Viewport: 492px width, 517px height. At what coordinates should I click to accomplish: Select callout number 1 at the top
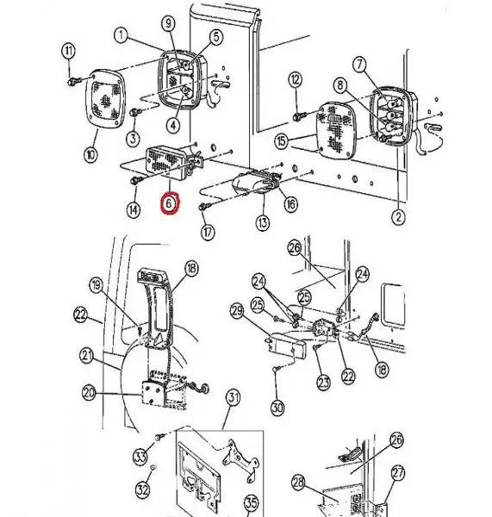tap(119, 36)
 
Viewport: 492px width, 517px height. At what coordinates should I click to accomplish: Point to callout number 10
tap(90, 155)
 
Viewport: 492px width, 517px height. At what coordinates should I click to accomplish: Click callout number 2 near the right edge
tap(397, 218)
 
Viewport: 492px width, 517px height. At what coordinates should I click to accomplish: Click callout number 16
tap(290, 203)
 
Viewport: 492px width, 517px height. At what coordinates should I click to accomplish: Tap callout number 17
tap(206, 232)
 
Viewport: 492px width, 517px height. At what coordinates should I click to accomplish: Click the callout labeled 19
tap(96, 283)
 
